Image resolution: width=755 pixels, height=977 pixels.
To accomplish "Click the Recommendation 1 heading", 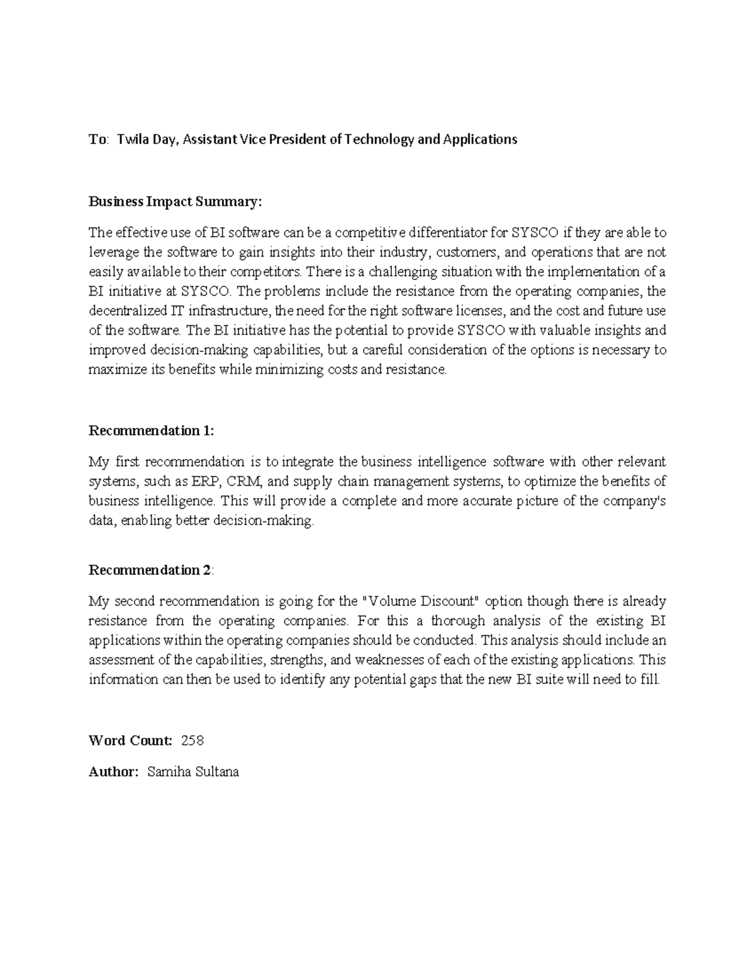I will coord(151,431).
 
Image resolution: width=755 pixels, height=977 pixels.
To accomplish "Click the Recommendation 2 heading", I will coord(151,570).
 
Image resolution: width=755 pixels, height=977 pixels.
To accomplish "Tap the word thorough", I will coord(458,621).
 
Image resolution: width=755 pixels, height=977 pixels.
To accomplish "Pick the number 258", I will coord(192,740).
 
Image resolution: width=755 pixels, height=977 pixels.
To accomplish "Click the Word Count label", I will coord(130,740).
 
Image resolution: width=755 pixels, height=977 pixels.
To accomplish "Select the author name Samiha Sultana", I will coord(193,772).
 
